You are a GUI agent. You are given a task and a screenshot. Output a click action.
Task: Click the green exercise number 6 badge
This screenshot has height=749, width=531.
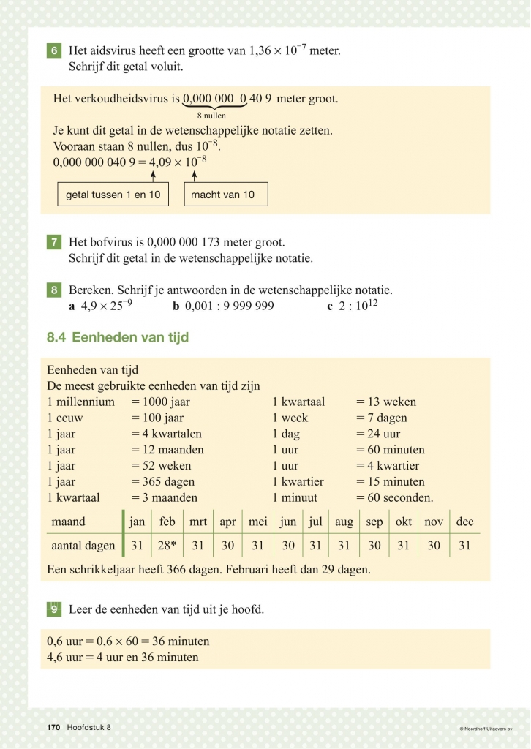pyautogui.click(x=54, y=51)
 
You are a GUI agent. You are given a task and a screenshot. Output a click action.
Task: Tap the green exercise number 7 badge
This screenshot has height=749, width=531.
pyautogui.click(x=54, y=242)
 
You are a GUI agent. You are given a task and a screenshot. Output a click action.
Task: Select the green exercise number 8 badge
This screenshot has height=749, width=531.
pyautogui.click(x=54, y=290)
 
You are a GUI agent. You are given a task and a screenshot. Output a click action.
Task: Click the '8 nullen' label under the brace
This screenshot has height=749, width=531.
pyautogui.click(x=211, y=116)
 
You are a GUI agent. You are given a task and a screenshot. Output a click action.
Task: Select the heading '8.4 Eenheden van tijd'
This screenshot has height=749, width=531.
pyautogui.click(x=118, y=337)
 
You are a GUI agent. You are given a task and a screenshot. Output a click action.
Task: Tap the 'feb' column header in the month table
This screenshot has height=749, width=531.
pyautogui.click(x=167, y=522)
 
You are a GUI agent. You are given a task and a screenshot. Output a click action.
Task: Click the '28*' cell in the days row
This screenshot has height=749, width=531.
pyautogui.click(x=167, y=546)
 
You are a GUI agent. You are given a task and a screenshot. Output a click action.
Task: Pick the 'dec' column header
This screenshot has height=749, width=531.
pyautogui.click(x=464, y=522)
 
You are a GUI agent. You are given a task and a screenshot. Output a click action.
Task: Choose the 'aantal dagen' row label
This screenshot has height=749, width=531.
pyautogui.click(x=83, y=546)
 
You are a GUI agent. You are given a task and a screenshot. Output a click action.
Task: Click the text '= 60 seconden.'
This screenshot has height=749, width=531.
pyautogui.click(x=395, y=498)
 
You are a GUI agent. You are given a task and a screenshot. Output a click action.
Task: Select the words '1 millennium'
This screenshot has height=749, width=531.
pyautogui.click(x=80, y=402)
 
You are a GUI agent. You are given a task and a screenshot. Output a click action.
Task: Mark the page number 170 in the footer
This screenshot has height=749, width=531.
pyautogui.click(x=53, y=727)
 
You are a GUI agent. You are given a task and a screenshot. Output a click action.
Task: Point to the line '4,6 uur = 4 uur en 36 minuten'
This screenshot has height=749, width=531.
pyautogui.click(x=123, y=658)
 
